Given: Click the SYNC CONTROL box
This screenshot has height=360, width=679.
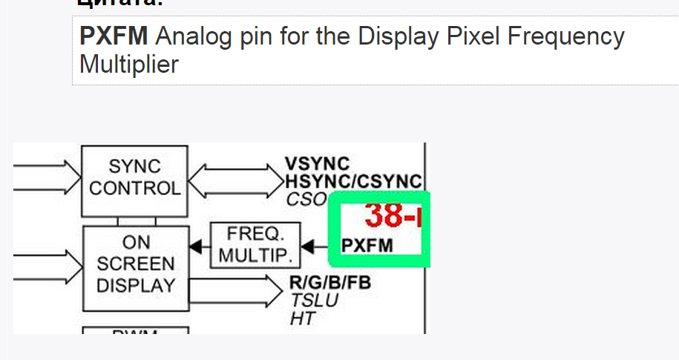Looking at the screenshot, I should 134,177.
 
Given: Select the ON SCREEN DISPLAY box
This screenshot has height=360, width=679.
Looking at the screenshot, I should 135,264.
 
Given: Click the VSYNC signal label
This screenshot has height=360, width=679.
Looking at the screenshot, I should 317,164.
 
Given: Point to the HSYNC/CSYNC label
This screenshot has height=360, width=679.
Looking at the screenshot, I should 353,181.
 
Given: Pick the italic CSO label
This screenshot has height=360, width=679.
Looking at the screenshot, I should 306,199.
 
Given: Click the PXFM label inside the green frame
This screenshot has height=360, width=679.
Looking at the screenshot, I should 367,246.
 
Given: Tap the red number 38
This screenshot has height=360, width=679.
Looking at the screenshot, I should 384,215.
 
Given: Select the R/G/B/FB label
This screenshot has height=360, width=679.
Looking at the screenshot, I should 329,283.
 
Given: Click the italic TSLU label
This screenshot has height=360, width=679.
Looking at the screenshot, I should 314,301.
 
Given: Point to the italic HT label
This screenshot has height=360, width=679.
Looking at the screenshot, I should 302,318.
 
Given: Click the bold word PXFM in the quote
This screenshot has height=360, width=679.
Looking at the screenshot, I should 114,36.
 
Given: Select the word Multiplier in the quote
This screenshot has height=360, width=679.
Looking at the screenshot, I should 129,65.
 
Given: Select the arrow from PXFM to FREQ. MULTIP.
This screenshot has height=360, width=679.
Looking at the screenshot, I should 315,246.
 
